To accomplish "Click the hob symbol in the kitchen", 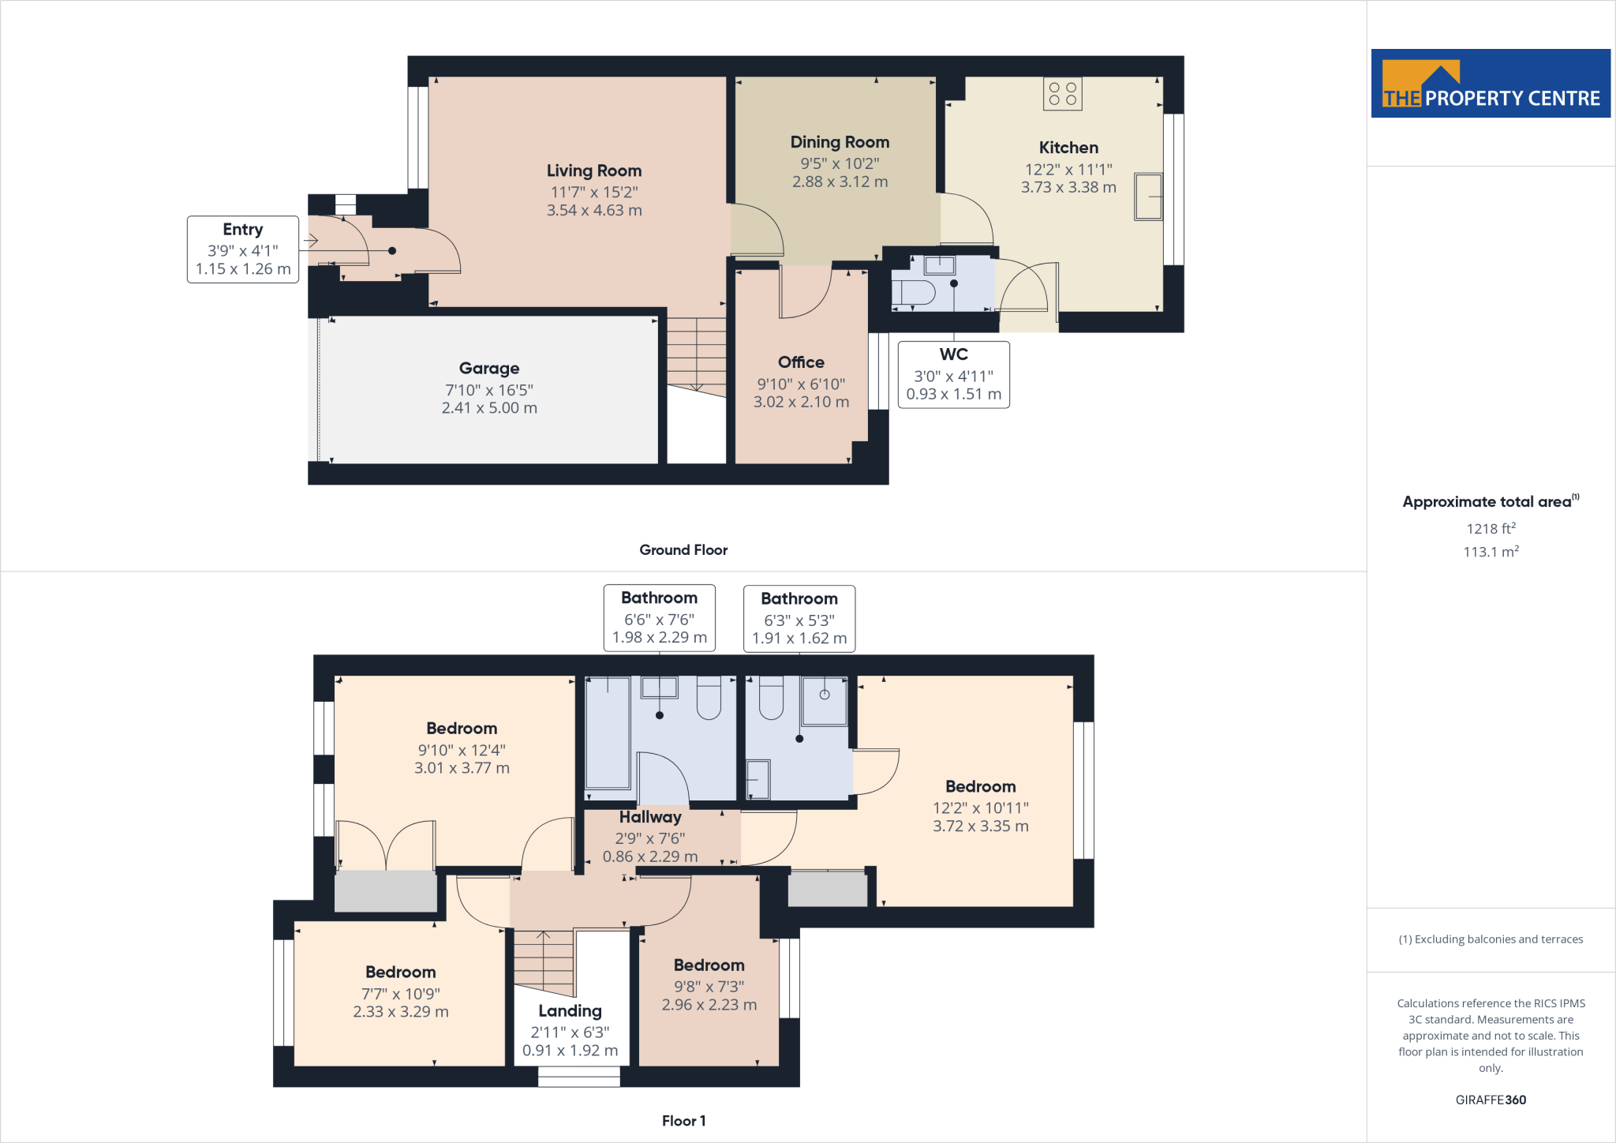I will pyautogui.click(x=1062, y=94).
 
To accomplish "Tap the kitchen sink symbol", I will pyautogui.click(x=1148, y=197).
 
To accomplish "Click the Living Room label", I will pyautogui.click(x=593, y=171).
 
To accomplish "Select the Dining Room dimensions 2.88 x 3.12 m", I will pyautogui.click(x=840, y=182).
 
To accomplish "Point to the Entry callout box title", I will pyautogui.click(x=242, y=230).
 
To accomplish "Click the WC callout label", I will pyautogui.click(x=953, y=354).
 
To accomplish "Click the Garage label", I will pyautogui.click(x=488, y=369).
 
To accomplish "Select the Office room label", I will pyautogui.click(x=800, y=362).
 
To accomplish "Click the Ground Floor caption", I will pyautogui.click(x=683, y=550).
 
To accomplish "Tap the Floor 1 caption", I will pyautogui.click(x=683, y=1121).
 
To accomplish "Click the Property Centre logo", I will pyautogui.click(x=1490, y=84).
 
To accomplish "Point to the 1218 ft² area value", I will pyautogui.click(x=1490, y=529).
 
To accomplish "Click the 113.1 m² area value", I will pyautogui.click(x=1490, y=552).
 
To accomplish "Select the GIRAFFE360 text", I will pyautogui.click(x=1490, y=1100).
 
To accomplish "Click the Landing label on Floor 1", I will pyautogui.click(x=570, y=1011).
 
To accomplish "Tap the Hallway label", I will pyautogui.click(x=649, y=817).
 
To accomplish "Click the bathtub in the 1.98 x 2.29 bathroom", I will pyautogui.click(x=608, y=733).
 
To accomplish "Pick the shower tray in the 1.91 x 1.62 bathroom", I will pyautogui.click(x=824, y=701).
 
